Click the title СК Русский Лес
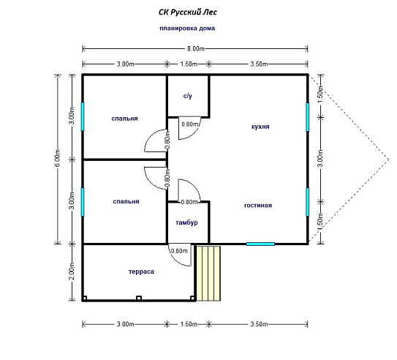[x=188, y=12]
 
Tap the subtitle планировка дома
[x=187, y=28]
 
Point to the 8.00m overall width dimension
[x=196, y=48]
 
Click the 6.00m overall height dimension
[x=58, y=158]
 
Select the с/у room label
[x=188, y=96]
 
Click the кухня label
[x=260, y=127]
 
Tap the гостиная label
[x=258, y=205]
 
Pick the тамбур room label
[x=186, y=222]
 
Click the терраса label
[x=141, y=271]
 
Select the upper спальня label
[x=124, y=119]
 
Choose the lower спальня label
[x=126, y=201]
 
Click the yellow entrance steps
[x=208, y=273]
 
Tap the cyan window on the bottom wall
[x=260, y=244]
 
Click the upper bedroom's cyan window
[x=83, y=116]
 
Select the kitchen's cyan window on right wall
[x=308, y=117]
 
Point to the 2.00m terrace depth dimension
[x=72, y=271]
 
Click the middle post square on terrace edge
[x=139, y=299]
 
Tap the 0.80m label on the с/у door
[x=190, y=124]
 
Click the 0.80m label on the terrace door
[x=179, y=251]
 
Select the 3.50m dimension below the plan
[x=259, y=324]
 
